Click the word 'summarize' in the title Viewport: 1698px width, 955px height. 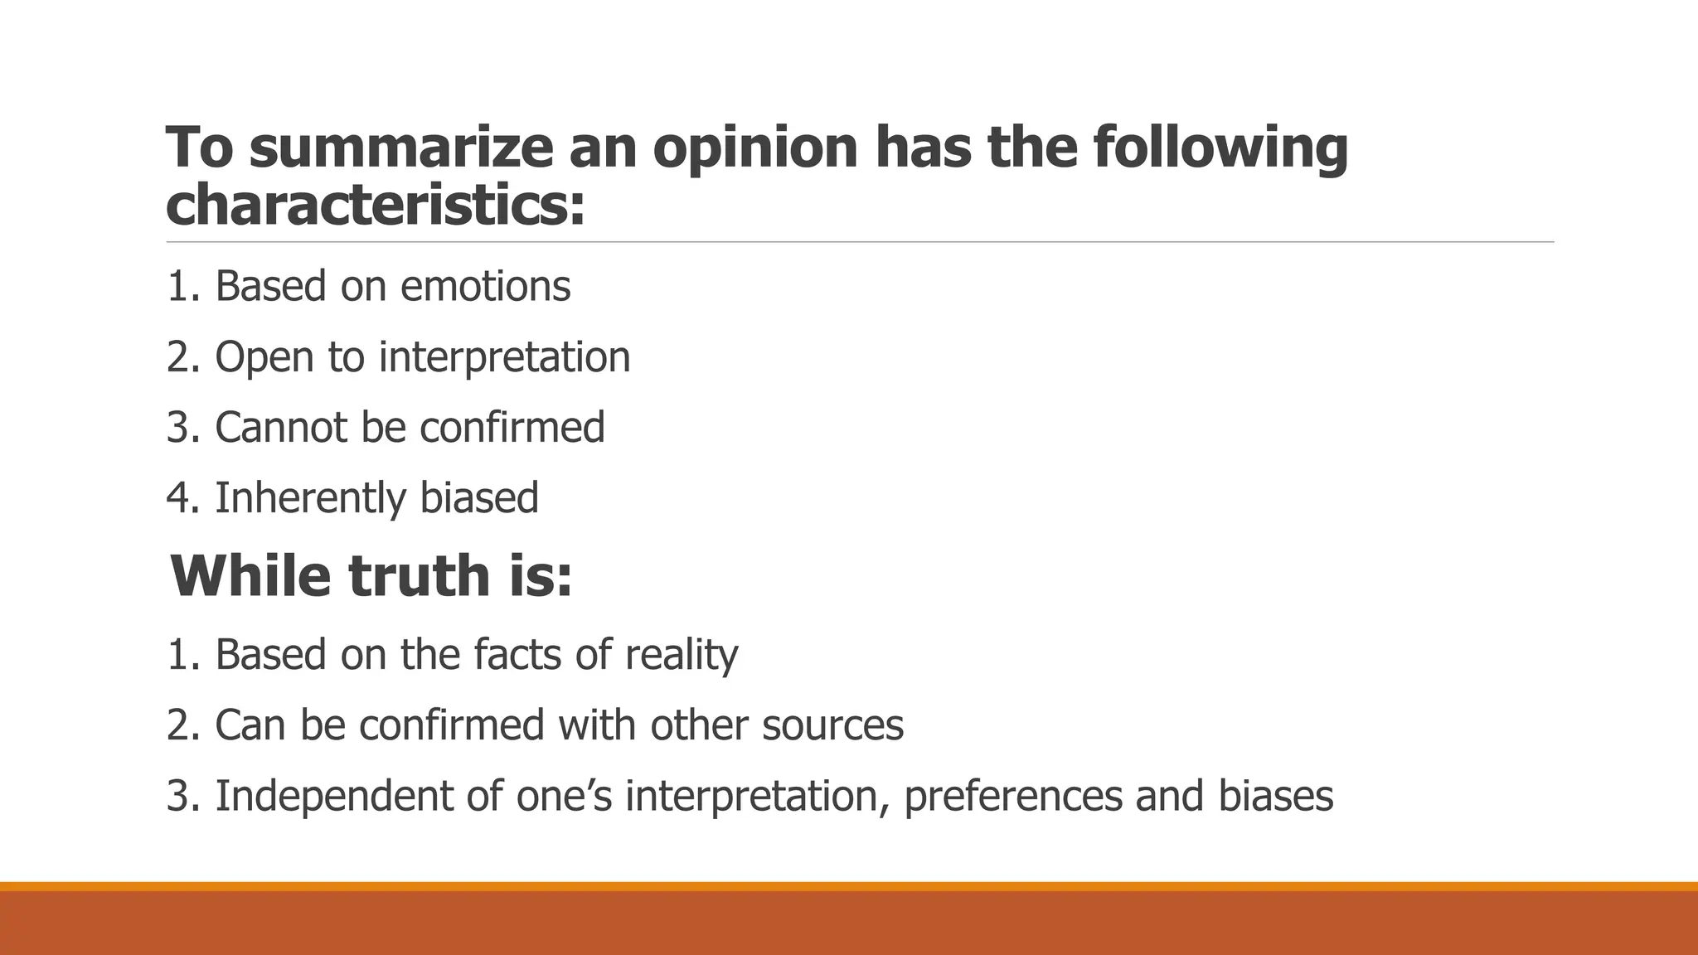(401, 148)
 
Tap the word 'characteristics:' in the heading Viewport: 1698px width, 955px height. (376, 205)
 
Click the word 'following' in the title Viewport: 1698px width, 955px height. (1220, 148)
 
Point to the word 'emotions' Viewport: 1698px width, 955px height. (485, 286)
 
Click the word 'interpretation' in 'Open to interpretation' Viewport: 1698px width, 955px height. (504, 357)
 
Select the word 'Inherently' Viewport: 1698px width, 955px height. (310, 498)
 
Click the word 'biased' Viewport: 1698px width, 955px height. (479, 498)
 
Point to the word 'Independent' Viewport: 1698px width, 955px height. (333, 796)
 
